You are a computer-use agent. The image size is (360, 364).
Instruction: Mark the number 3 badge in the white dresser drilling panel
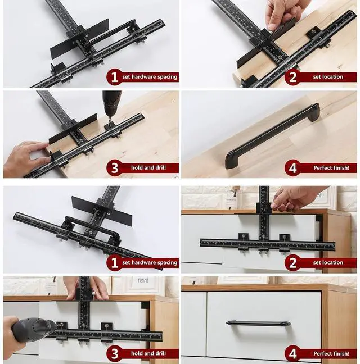(x=114, y=354)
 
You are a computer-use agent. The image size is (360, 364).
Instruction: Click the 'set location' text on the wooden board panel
(x=328, y=77)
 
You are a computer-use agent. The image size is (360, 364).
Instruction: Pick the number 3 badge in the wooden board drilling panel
(x=114, y=168)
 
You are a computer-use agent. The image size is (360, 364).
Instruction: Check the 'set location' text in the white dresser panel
(x=328, y=262)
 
